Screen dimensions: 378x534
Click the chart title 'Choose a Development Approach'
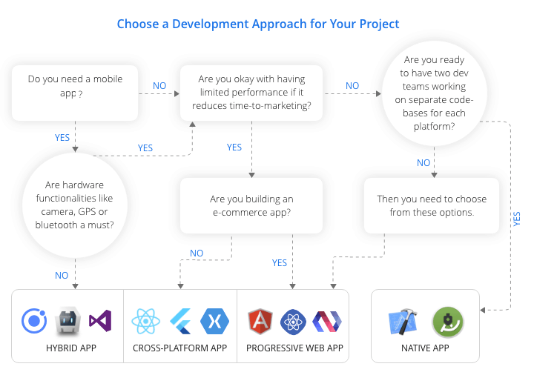coord(258,24)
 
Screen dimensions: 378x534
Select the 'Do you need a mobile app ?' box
coord(75,92)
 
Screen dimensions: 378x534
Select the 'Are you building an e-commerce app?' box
coord(251,205)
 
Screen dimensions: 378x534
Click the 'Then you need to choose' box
coord(432,205)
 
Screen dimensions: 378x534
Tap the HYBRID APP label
coord(67,348)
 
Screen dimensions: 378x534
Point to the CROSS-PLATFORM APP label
coord(180,348)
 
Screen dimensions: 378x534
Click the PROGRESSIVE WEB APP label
coord(294,348)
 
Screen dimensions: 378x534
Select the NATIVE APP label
coord(425,348)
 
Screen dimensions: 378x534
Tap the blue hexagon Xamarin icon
coord(215,321)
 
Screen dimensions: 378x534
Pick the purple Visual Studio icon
coord(100,321)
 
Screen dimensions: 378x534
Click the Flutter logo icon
coord(180,321)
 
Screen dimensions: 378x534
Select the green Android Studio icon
coord(447,321)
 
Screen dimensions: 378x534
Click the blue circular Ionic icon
coord(34,321)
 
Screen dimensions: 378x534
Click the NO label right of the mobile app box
coord(159,86)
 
